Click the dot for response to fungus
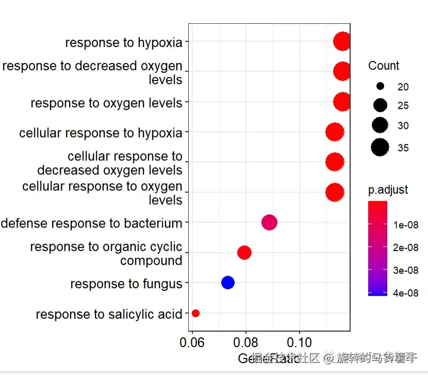pos(227,282)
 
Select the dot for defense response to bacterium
pos(269,222)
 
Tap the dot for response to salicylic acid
pos(195,313)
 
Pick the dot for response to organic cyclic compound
pos(244,252)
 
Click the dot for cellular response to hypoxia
pos(335,133)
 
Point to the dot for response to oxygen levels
pos(342,102)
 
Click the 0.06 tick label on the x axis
pos(192,343)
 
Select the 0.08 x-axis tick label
pos(246,343)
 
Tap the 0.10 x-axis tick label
pos(299,343)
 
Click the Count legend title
pos(384,66)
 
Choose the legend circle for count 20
pos(380,86)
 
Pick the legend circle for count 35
pos(380,148)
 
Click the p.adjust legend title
pos(388,190)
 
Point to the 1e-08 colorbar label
pos(405,225)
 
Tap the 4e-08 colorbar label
pos(405,293)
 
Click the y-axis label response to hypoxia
pos(124,42)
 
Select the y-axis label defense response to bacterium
pos(92,223)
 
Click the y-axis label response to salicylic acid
pos(109,314)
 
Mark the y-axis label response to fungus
pos(126,284)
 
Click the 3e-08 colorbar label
pos(405,270)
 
